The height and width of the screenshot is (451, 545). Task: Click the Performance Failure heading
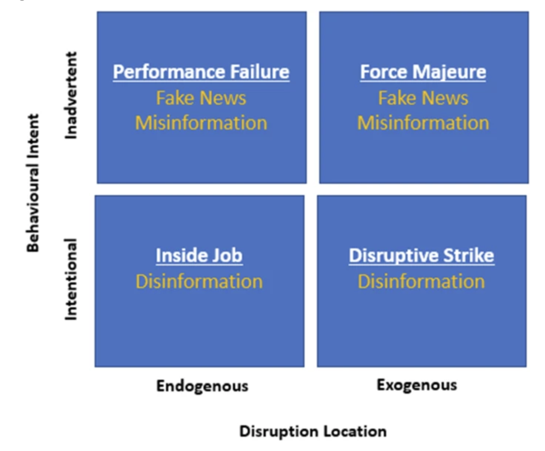[x=201, y=72]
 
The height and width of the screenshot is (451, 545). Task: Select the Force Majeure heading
[x=423, y=72]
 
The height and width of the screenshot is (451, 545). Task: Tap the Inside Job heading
[x=199, y=256]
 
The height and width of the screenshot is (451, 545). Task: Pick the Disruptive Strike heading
[x=422, y=256]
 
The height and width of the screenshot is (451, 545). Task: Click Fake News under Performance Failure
[x=201, y=98]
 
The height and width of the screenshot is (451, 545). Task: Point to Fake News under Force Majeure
[x=424, y=98]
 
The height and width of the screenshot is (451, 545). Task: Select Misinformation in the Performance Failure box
[x=201, y=123]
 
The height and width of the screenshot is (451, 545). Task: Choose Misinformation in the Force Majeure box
[x=423, y=123]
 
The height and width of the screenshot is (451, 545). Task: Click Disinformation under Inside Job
[x=199, y=282]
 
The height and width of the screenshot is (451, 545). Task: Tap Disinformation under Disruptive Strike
[x=421, y=282]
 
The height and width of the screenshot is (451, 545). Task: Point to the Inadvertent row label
[x=71, y=95]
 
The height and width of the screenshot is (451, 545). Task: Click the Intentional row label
[x=71, y=279]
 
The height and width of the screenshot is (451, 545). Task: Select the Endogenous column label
[x=202, y=386]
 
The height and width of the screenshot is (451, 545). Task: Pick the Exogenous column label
[x=417, y=386]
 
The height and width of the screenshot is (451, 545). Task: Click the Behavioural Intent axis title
[x=33, y=183]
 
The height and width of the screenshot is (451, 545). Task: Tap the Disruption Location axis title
[x=313, y=431]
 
